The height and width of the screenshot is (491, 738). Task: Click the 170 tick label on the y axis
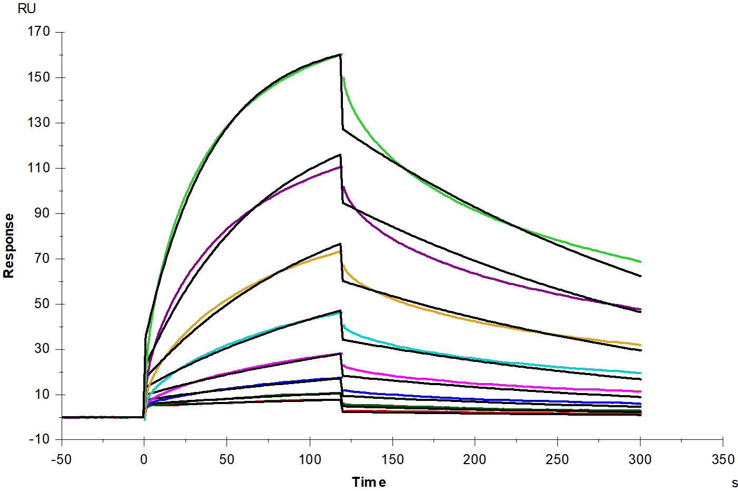pos(38,32)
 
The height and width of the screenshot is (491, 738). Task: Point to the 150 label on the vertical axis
pos(38,77)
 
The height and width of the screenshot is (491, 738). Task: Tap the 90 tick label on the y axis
pos(42,213)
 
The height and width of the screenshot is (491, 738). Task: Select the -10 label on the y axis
pos(39,439)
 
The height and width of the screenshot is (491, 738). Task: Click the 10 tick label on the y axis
pos(42,394)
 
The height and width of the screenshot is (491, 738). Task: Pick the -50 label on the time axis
pos(61,459)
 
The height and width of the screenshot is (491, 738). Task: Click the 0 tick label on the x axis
pos(144,459)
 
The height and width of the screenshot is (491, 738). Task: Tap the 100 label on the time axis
pos(310,459)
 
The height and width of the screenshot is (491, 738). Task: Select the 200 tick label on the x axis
pos(475,459)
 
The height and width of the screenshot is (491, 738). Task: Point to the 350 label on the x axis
pos(723,459)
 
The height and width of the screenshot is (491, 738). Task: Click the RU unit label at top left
pos(27,8)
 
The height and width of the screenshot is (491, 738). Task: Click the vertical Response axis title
pos(8,246)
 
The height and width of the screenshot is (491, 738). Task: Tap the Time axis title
pos(369,482)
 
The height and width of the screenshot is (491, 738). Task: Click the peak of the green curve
pos(341,54)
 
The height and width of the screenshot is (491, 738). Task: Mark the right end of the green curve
pos(640,262)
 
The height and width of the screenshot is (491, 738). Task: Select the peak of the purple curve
pos(341,167)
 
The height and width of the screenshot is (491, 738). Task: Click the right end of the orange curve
pos(640,345)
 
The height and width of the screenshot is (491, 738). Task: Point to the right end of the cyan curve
pos(640,373)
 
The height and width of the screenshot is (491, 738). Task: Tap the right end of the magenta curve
pos(640,391)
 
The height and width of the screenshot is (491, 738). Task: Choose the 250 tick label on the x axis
pos(557,459)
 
